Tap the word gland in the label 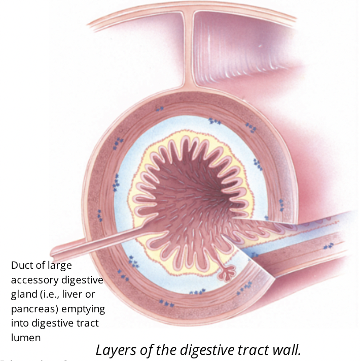tap(22, 295)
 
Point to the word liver tap(70, 295)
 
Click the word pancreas tap(31, 309)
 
